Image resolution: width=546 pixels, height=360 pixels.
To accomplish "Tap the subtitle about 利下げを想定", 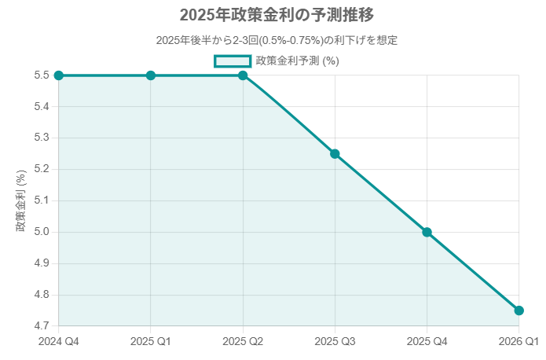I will (x=273, y=40).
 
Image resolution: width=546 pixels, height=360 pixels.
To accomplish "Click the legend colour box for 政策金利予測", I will (x=233, y=61).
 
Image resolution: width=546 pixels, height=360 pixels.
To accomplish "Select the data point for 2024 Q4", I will (x=59, y=75).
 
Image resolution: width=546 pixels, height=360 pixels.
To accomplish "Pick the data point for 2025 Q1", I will (x=151, y=75).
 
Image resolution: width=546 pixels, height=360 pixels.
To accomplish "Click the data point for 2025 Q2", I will (x=243, y=75).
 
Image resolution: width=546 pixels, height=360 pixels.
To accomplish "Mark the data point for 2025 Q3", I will (x=335, y=154).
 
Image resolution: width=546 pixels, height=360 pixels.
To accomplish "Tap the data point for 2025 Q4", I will (x=427, y=232).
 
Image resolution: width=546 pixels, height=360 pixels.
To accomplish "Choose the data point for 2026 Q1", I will (x=519, y=310).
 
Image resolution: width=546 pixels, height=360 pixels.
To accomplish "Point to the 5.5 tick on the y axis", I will (x=42, y=75).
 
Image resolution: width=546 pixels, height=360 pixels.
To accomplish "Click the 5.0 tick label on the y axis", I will (x=42, y=232).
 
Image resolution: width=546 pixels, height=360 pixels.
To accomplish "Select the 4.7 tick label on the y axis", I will (x=42, y=326).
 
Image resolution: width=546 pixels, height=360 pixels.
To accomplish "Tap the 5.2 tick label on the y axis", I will (x=42, y=170).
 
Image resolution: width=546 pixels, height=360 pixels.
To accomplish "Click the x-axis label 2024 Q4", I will (x=59, y=342).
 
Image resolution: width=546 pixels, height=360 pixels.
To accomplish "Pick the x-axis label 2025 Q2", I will (x=243, y=342).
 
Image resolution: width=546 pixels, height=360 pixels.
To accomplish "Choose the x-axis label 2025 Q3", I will (x=335, y=342).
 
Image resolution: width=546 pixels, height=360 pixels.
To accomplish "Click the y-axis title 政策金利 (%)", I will (x=21, y=200).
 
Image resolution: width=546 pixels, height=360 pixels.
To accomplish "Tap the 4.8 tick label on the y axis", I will (x=42, y=295).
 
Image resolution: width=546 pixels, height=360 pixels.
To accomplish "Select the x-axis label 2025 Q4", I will (x=427, y=342).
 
